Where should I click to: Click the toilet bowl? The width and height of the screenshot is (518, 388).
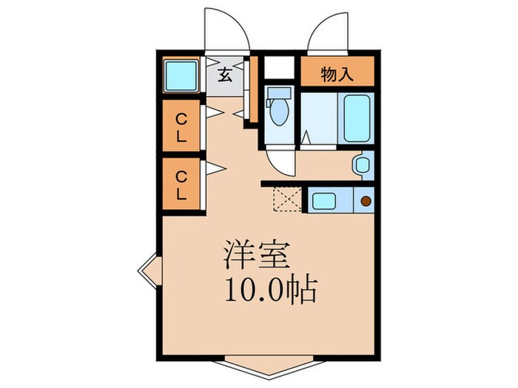(x=279, y=113)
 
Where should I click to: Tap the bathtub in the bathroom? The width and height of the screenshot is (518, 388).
(x=357, y=118)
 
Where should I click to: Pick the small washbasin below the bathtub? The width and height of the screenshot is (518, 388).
(x=362, y=165)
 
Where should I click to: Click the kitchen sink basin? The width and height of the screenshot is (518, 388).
(x=323, y=200)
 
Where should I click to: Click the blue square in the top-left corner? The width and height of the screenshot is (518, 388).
(x=180, y=74)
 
